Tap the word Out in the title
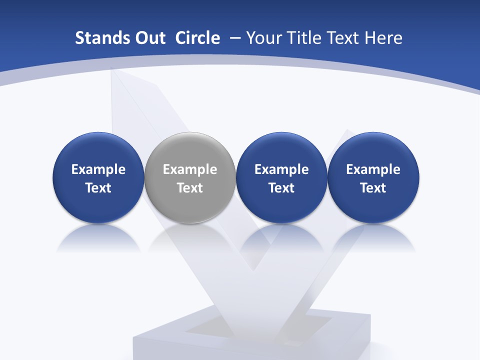pyautogui.click(x=148, y=38)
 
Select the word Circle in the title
pyautogui.click(x=197, y=38)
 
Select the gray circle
pyautogui.click(x=190, y=177)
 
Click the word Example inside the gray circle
pyautogui.click(x=190, y=170)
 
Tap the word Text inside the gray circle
pyautogui.click(x=190, y=188)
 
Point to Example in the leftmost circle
pyautogui.click(x=98, y=170)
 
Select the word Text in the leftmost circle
pyautogui.click(x=98, y=188)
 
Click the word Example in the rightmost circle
pyautogui.click(x=373, y=170)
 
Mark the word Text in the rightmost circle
pyautogui.click(x=373, y=188)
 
